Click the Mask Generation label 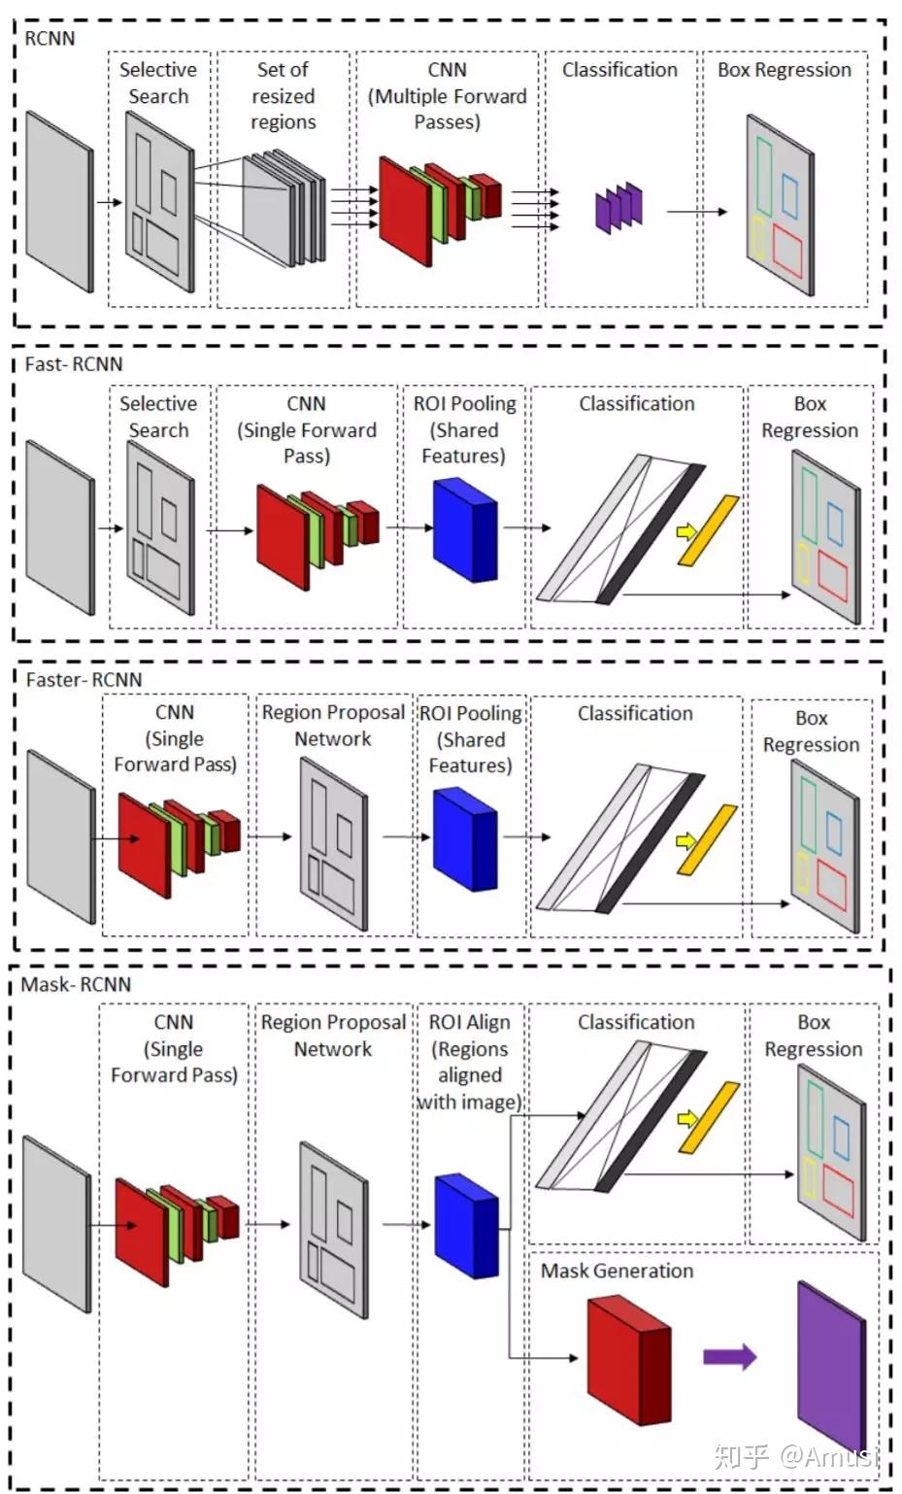coord(617,1271)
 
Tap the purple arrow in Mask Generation coord(730,1357)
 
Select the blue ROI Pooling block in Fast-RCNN coord(465,529)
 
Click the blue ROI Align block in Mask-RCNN coord(466,1227)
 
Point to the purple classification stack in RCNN coord(618,208)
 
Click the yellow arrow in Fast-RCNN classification coord(686,532)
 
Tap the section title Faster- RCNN coord(84,680)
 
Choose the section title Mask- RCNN coord(76,984)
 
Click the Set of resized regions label coord(283,95)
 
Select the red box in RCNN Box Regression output coord(787,252)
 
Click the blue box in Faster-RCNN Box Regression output coord(834,833)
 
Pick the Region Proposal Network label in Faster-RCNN coord(333,725)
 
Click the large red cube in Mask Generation coord(628,1361)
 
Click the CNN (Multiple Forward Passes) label coord(448,95)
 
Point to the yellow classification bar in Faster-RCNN coord(708,839)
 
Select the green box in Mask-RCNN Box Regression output coord(815,1118)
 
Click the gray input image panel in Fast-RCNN coord(60,526)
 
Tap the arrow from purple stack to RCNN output coord(697,212)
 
